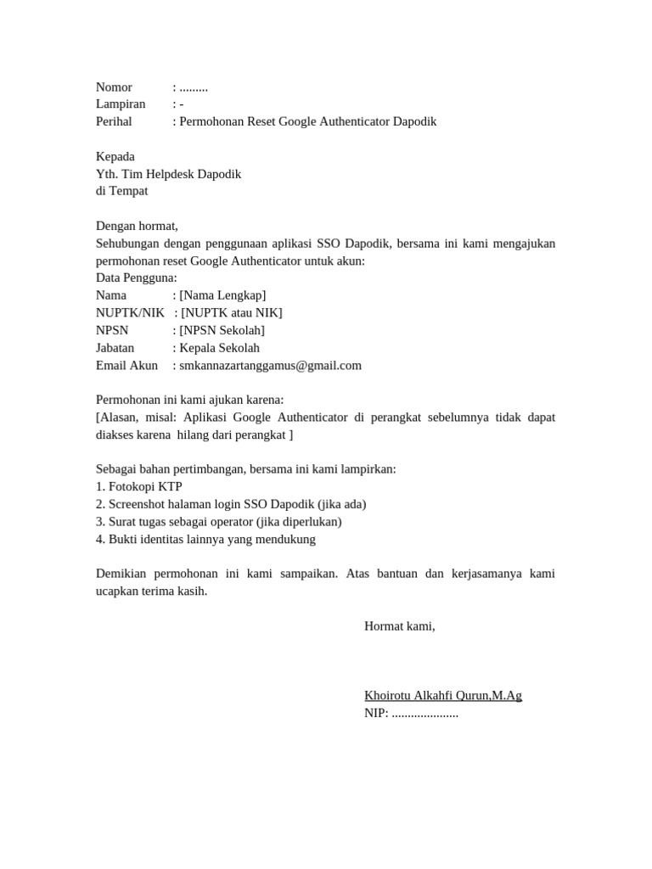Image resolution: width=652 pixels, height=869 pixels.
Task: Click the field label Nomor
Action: point(114,87)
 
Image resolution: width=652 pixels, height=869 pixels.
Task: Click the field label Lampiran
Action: point(121,104)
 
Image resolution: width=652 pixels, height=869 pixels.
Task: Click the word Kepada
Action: point(115,157)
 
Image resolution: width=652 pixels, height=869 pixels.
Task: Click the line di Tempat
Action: point(121,191)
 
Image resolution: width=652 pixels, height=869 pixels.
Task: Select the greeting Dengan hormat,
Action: point(137,226)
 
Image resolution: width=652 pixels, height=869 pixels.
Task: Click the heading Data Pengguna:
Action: point(137,278)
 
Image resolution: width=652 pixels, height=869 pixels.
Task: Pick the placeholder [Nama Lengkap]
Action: point(222,295)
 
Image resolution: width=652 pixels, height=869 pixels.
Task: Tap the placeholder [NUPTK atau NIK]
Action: point(232,313)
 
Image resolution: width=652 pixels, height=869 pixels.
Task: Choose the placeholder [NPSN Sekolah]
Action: point(222,330)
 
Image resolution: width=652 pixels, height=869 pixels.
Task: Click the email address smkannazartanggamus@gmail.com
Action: point(270,366)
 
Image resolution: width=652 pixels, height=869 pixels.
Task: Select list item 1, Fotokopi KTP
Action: point(139,486)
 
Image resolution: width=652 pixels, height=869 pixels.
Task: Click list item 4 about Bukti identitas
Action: point(205,539)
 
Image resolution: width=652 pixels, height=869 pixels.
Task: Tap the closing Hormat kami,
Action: point(399,626)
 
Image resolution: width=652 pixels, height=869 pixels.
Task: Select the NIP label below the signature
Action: point(375,714)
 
